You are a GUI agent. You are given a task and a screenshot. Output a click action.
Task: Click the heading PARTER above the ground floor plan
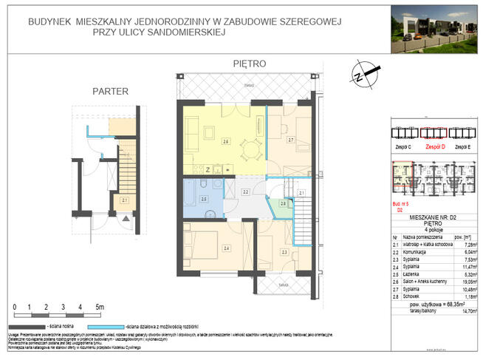click(110, 92)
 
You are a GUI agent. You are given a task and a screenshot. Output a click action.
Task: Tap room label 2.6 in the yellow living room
click(225, 140)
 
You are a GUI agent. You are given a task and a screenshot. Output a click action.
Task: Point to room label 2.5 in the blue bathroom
click(205, 198)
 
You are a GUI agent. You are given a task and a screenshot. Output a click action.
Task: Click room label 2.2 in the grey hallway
click(246, 192)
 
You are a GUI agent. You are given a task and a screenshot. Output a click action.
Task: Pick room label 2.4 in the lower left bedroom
click(227, 248)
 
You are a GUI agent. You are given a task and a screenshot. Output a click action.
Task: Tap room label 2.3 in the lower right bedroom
click(284, 253)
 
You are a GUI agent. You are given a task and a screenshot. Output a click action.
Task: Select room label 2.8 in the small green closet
click(282, 204)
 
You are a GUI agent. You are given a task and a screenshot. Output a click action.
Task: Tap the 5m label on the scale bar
click(100, 306)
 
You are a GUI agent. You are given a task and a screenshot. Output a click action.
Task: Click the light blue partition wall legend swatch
click(110, 325)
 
